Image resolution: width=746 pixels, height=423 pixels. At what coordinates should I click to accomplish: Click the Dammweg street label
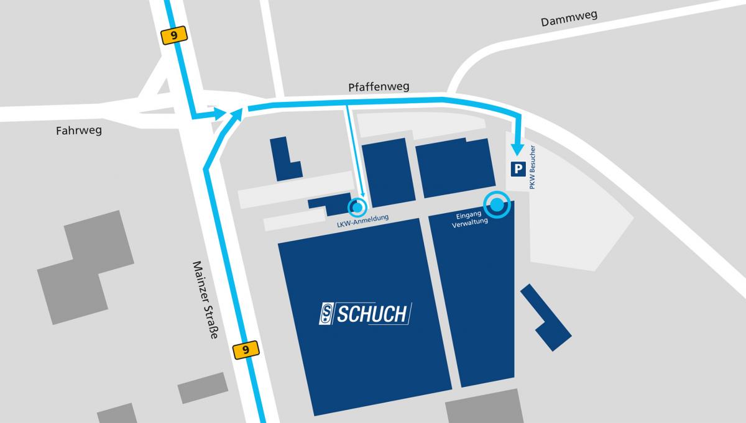[x=569, y=19]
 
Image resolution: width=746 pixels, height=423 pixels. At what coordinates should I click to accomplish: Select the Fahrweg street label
[x=78, y=131]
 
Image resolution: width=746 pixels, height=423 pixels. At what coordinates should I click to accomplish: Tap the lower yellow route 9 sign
[x=246, y=350]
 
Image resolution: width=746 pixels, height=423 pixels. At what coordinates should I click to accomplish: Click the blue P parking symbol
[x=517, y=168]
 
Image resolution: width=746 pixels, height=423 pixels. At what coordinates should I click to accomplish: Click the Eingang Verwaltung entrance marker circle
[x=497, y=204]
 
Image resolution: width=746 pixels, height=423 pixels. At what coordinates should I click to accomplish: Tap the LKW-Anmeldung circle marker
[x=357, y=206]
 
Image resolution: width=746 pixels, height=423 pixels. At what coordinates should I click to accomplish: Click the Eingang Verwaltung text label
[x=468, y=220]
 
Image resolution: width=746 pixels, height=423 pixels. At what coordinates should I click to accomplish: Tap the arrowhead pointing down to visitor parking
[x=516, y=149]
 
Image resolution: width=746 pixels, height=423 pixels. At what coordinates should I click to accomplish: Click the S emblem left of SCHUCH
[x=326, y=314]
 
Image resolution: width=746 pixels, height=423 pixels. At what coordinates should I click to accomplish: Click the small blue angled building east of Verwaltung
[x=545, y=317]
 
